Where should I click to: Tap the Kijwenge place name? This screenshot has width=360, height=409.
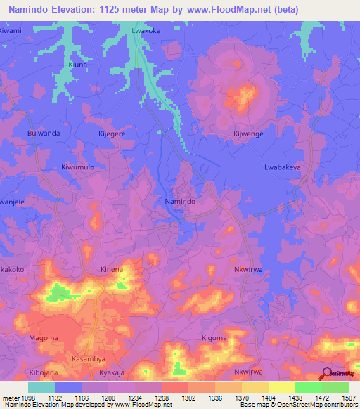pyautogui.click(x=248, y=133)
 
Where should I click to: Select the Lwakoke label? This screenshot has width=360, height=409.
pyautogui.click(x=147, y=31)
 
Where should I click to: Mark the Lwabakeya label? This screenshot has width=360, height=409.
pyautogui.click(x=282, y=167)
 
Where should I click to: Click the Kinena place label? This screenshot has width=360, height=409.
pyautogui.click(x=112, y=269)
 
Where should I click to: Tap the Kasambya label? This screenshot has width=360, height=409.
pyautogui.click(x=89, y=358)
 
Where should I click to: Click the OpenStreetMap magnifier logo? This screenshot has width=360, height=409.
pyautogui.click(x=326, y=372)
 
